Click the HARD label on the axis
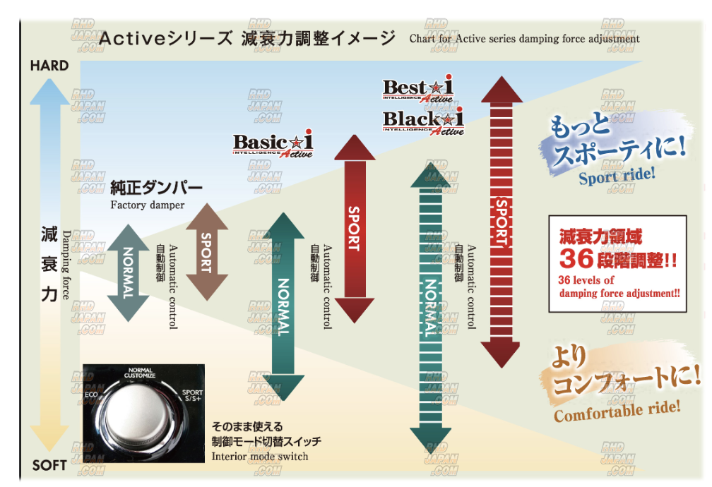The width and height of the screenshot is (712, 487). pos(49,66)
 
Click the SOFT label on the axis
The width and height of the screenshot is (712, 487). pos(49,465)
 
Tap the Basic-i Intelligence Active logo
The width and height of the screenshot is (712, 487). pos(273,145)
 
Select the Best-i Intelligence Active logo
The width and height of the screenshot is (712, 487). pos(418,90)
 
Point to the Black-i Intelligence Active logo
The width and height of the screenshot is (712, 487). pos(423,121)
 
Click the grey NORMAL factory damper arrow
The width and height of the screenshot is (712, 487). pos(128,272)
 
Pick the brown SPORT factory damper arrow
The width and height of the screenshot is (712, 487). pos(206,252)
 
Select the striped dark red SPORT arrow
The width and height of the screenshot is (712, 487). pos(501,222)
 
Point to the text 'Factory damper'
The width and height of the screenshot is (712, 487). pos(148,205)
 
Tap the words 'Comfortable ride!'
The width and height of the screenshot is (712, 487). pos(617,409)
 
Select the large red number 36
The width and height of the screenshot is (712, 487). pos(578,259)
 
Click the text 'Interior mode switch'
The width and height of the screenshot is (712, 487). pos(260,456)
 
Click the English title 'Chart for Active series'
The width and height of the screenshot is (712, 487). pos(524,39)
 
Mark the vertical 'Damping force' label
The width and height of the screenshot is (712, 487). pos(66,265)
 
